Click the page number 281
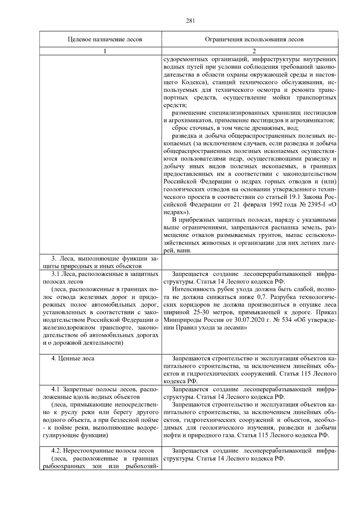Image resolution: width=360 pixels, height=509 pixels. pos(190,21)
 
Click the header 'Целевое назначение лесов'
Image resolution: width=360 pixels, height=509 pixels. pos(105,39)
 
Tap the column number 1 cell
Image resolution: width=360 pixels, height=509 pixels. pos(105,51)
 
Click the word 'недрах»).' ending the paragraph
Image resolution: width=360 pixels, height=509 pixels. pos(176,212)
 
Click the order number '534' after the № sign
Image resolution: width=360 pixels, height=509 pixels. pos(285,320)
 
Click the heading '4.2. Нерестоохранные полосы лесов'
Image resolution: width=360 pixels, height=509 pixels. pos(102,451)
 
